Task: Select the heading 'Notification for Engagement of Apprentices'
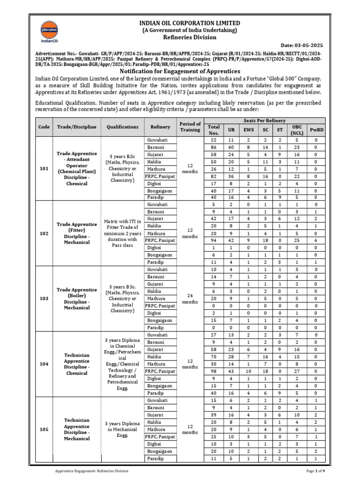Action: pos(180,71)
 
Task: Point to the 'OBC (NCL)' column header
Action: pos(297,130)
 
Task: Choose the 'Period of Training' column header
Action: pos(190,127)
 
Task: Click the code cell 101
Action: pos(44,169)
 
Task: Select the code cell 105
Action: pos(44,429)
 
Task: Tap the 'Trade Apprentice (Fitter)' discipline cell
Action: pos(76,233)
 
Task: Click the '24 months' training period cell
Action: pos(190,299)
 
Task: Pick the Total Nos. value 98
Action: pos(214,371)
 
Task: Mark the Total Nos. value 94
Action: pos(214,240)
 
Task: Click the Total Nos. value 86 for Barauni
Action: pos(214,147)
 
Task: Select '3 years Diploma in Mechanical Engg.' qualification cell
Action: pos(123,429)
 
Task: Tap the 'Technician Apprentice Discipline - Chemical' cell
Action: pos(76,364)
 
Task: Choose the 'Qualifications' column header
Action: pos(123,127)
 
